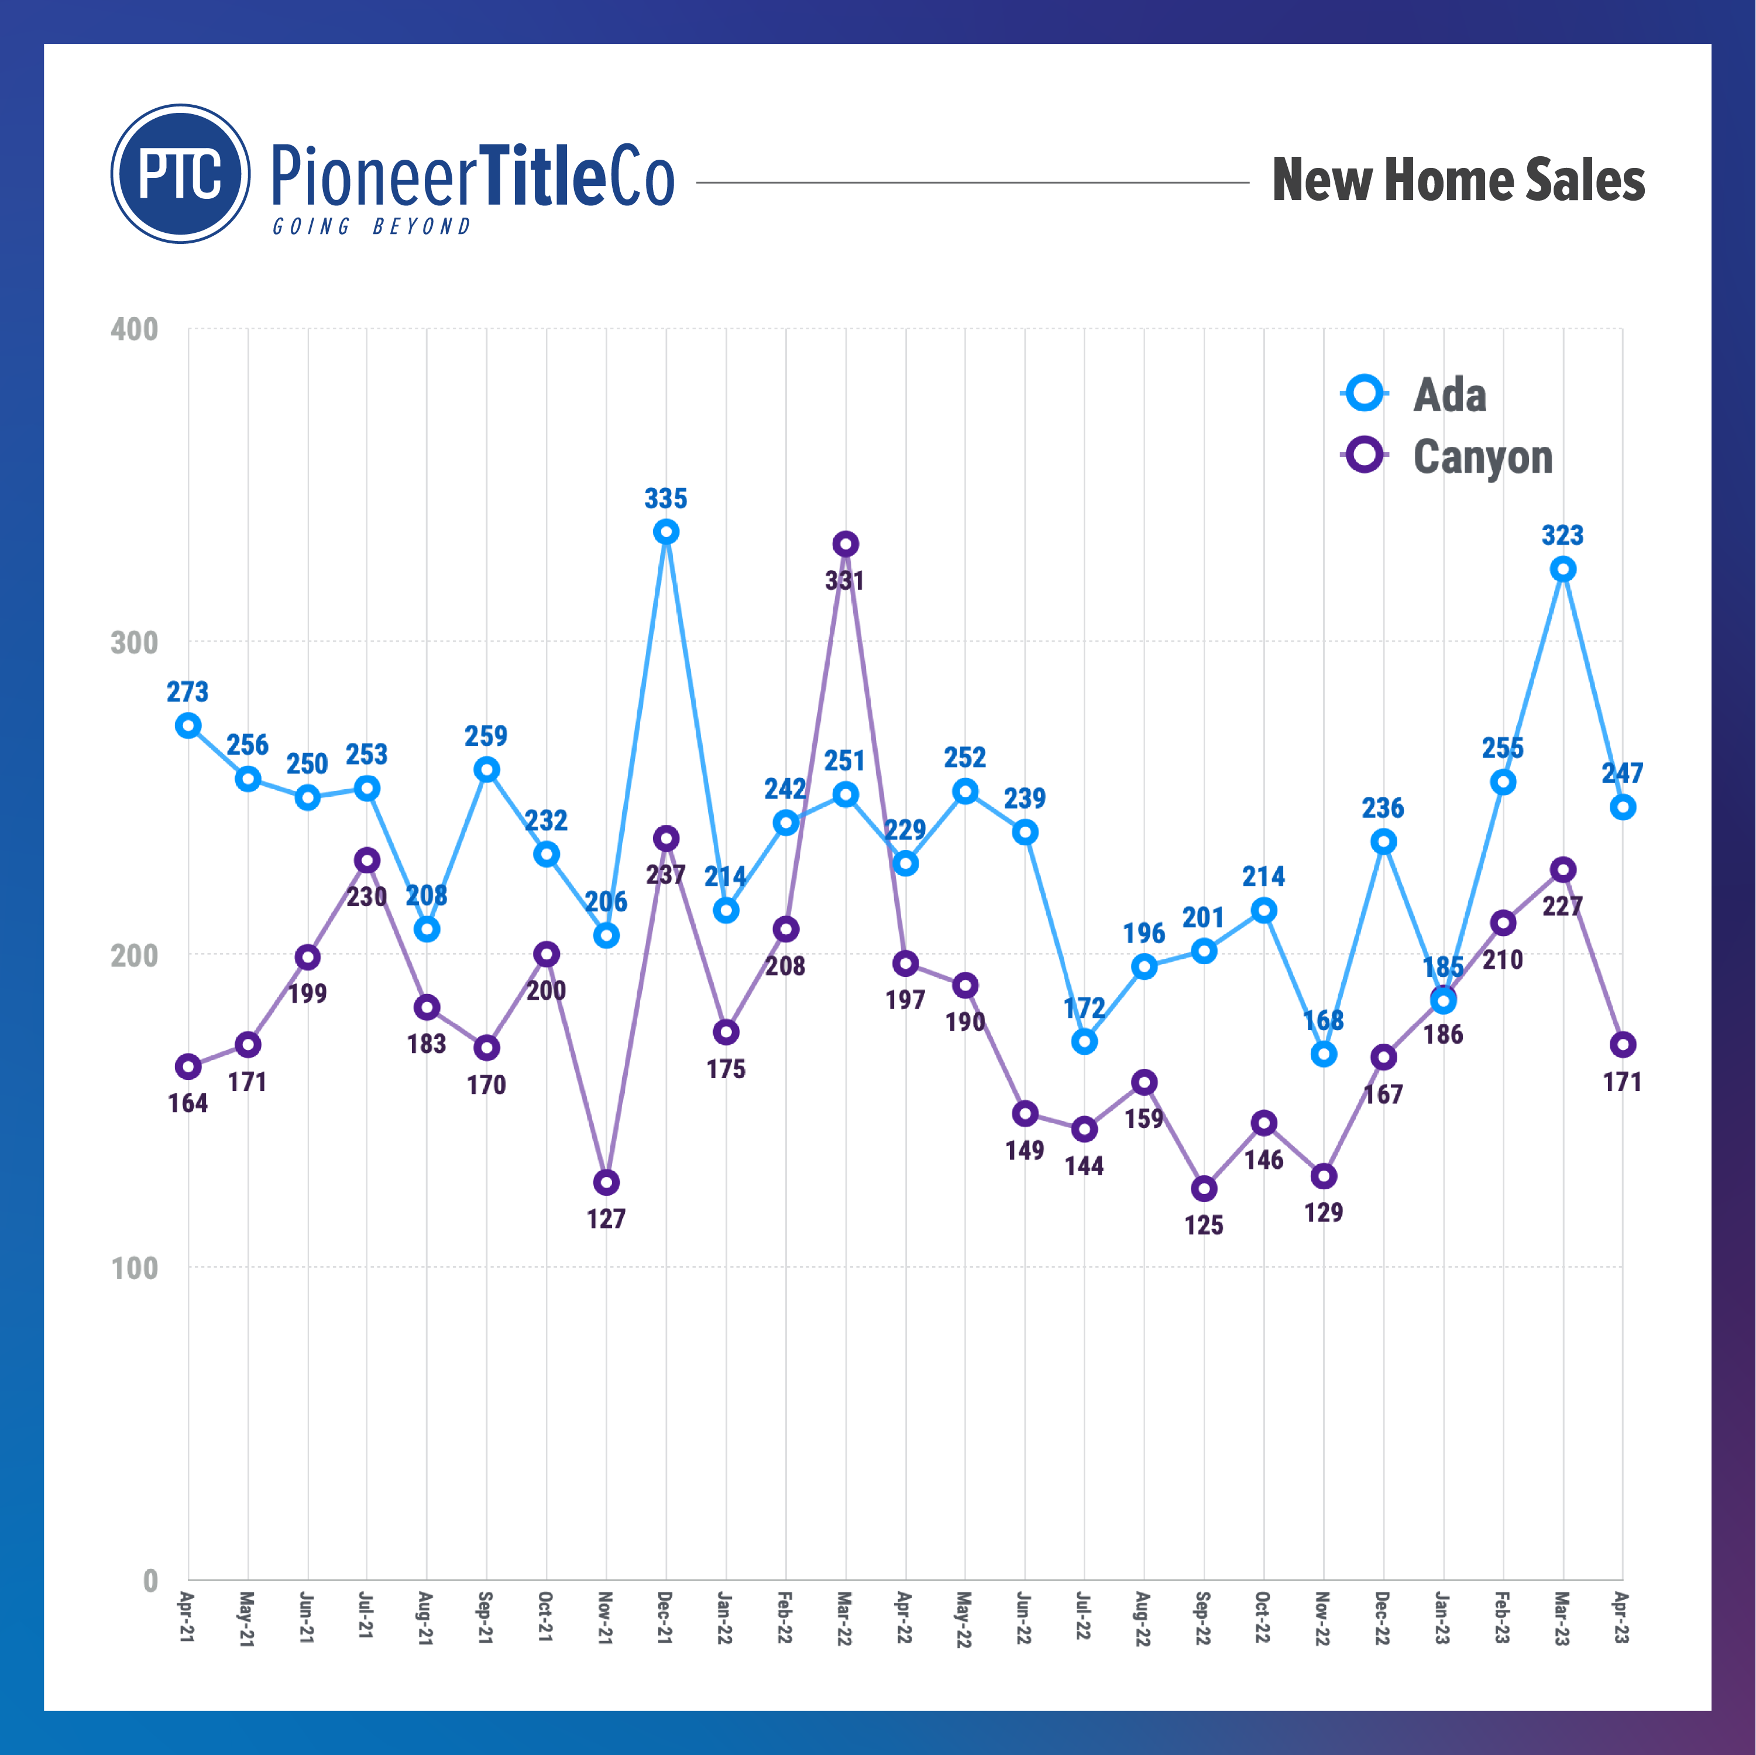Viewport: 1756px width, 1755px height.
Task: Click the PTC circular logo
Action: pyautogui.click(x=180, y=174)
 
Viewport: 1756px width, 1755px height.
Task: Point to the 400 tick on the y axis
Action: pyautogui.click(x=135, y=329)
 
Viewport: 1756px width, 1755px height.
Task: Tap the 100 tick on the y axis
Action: pyautogui.click(x=135, y=1268)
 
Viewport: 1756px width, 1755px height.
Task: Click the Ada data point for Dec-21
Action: pyautogui.click(x=666, y=532)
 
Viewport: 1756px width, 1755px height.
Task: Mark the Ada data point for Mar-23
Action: pyautogui.click(x=1562, y=570)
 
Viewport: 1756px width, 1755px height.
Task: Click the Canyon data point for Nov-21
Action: pyautogui.click(x=606, y=1182)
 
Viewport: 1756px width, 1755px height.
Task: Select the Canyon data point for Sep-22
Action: pyautogui.click(x=1204, y=1189)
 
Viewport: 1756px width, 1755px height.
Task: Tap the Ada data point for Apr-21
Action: pyautogui.click(x=188, y=725)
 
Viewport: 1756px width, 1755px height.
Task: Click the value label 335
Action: pyautogui.click(x=666, y=498)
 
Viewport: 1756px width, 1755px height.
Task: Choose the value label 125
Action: pyautogui.click(x=1204, y=1225)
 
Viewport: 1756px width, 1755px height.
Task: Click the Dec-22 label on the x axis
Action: pyautogui.click(x=1383, y=1617)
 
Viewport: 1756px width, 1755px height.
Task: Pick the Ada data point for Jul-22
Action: pyautogui.click(x=1084, y=1041)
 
